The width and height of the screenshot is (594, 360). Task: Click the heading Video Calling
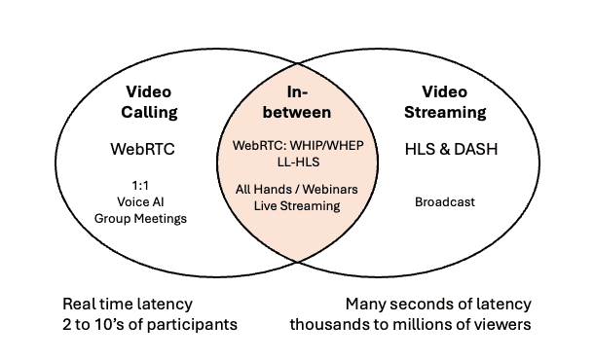point(151,101)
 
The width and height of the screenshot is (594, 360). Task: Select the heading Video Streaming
point(445,101)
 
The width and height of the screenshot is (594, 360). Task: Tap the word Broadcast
point(445,201)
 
